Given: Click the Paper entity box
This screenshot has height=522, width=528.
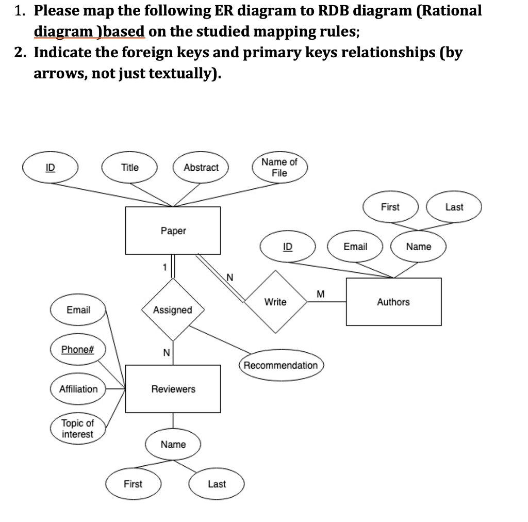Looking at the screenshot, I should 173,231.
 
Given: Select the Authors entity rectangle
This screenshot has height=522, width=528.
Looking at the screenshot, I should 393,302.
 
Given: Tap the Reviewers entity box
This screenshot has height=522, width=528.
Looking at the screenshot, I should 173,389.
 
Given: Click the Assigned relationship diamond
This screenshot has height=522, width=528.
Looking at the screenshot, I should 173,309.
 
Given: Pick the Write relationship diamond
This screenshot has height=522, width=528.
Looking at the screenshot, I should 275,302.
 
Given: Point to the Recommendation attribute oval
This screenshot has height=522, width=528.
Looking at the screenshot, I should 281,365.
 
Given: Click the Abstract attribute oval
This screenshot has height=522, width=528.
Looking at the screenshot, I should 201,167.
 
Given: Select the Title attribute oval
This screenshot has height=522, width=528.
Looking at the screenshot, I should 129,167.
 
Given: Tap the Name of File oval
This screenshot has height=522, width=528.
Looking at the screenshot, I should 279,168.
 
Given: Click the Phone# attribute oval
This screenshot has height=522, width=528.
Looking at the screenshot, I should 77,349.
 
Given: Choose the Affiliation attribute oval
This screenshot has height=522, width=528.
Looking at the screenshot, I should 78,389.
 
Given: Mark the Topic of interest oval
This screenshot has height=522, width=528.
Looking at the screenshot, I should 77,429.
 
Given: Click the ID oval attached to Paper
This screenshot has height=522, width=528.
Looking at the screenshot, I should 51,167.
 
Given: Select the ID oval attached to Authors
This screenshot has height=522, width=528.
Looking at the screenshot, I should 288,247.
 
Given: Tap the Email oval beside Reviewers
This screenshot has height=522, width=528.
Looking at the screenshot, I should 78,309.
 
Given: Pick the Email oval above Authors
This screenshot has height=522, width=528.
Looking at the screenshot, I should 355,247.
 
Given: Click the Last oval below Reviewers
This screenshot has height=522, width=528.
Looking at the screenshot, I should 217,484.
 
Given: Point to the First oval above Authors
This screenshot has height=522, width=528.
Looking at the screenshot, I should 390,207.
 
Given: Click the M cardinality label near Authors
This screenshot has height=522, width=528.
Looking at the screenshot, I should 321,294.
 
